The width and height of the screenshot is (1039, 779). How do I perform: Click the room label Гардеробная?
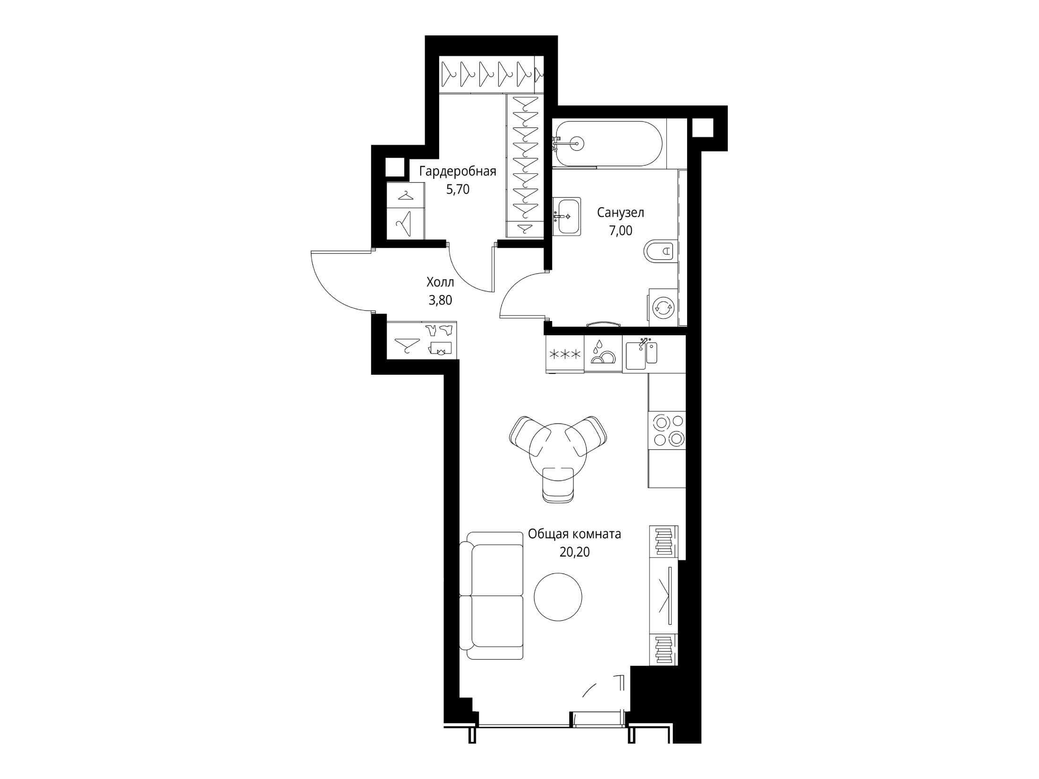[x=458, y=171]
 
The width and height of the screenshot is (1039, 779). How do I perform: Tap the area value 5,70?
[x=458, y=190]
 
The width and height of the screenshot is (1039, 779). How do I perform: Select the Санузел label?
[x=621, y=213]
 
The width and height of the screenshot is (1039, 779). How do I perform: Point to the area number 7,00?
[x=621, y=231]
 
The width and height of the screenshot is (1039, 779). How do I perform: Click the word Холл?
[x=440, y=282]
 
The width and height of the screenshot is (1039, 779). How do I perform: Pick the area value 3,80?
[x=440, y=300]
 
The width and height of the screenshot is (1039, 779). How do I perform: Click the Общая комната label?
[x=574, y=534]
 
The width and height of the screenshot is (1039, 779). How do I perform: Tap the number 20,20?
[x=574, y=552]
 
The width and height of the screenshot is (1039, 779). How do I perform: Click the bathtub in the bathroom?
[x=609, y=144]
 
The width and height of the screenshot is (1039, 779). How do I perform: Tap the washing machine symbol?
[x=663, y=307]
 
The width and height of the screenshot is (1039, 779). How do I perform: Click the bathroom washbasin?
[x=566, y=217]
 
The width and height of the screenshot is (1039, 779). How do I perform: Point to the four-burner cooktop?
[x=666, y=431]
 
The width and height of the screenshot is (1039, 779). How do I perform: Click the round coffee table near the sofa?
[x=558, y=597]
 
